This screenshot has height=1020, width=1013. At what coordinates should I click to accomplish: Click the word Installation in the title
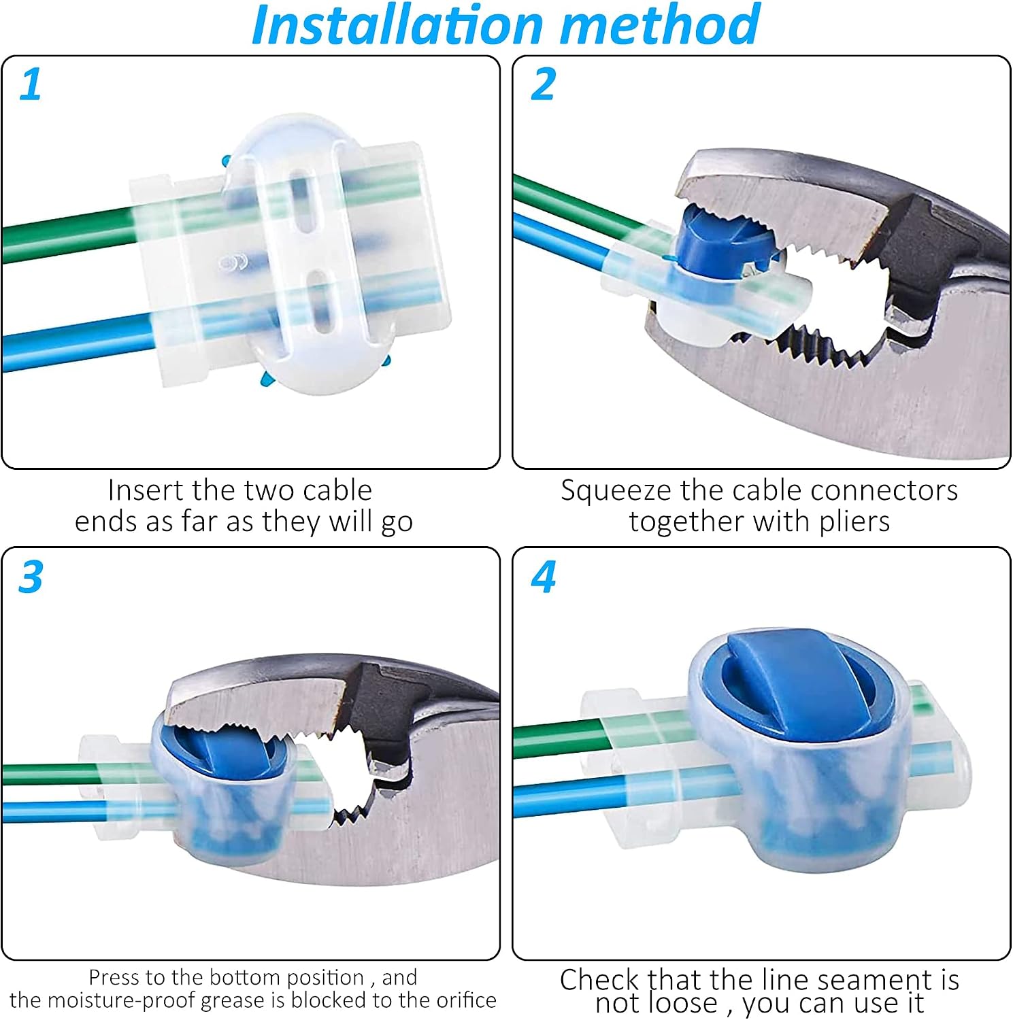click(x=397, y=25)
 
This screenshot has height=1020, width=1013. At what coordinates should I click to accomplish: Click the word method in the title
click(x=660, y=25)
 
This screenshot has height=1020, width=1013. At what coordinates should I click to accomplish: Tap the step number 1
click(x=31, y=85)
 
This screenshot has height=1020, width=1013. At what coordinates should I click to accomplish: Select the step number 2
click(x=543, y=85)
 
